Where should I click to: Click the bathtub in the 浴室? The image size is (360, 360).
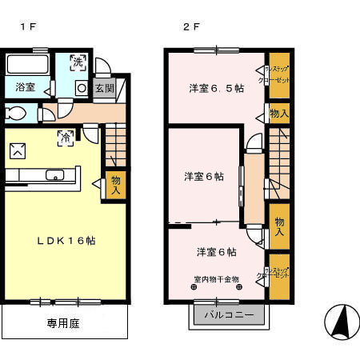(x=29, y=64)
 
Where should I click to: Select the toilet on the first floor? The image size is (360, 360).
(x=13, y=113)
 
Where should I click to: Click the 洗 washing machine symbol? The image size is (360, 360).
(x=77, y=60)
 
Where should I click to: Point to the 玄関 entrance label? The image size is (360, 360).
(x=104, y=88)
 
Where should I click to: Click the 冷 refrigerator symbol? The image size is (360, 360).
(x=64, y=138)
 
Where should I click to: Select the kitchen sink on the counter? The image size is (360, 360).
(x=55, y=175)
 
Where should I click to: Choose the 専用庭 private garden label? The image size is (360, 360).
(x=62, y=325)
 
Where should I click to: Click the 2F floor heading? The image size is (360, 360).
(x=190, y=26)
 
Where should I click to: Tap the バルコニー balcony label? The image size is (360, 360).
(x=228, y=315)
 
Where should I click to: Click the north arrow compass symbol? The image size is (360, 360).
(x=342, y=322)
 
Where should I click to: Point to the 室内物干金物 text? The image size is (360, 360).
(x=216, y=279)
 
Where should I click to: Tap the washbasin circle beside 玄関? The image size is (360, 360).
(x=82, y=88)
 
